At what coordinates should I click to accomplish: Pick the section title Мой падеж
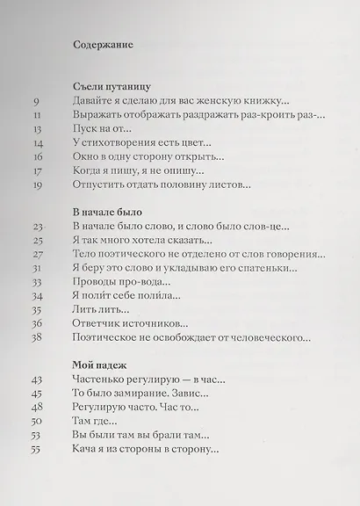(x=97, y=365)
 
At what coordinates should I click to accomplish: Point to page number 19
(x=38, y=186)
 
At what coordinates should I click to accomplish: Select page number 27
(x=38, y=254)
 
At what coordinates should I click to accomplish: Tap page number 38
(x=38, y=336)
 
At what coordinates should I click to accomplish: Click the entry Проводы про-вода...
(x=120, y=282)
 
